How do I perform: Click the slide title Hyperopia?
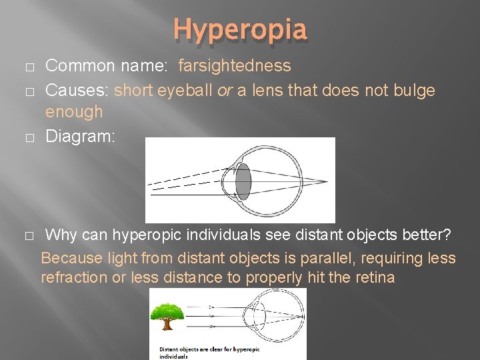click(x=240, y=29)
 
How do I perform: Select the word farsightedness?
click(x=234, y=66)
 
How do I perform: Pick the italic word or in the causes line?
click(x=225, y=90)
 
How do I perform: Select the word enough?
click(x=74, y=111)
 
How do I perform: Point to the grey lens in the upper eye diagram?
click(x=243, y=180)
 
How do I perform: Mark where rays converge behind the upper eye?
click(x=327, y=181)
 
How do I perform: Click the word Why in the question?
click(x=61, y=235)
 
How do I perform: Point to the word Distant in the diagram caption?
click(x=169, y=349)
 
